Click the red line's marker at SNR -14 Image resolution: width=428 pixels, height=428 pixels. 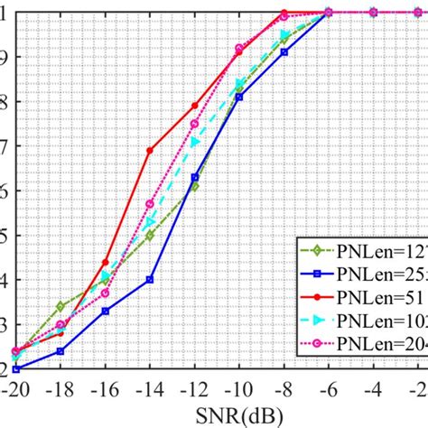pyautogui.click(x=150, y=150)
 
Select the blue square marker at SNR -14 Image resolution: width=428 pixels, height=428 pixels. pyautogui.click(x=150, y=279)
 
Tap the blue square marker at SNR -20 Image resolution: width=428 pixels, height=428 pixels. pyautogui.click(x=16, y=368)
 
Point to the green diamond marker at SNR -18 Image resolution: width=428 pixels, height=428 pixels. pyautogui.click(x=60, y=306)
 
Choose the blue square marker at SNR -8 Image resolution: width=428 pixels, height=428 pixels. pyautogui.click(x=284, y=52)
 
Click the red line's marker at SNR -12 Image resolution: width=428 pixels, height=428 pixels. pyautogui.click(x=194, y=106)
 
